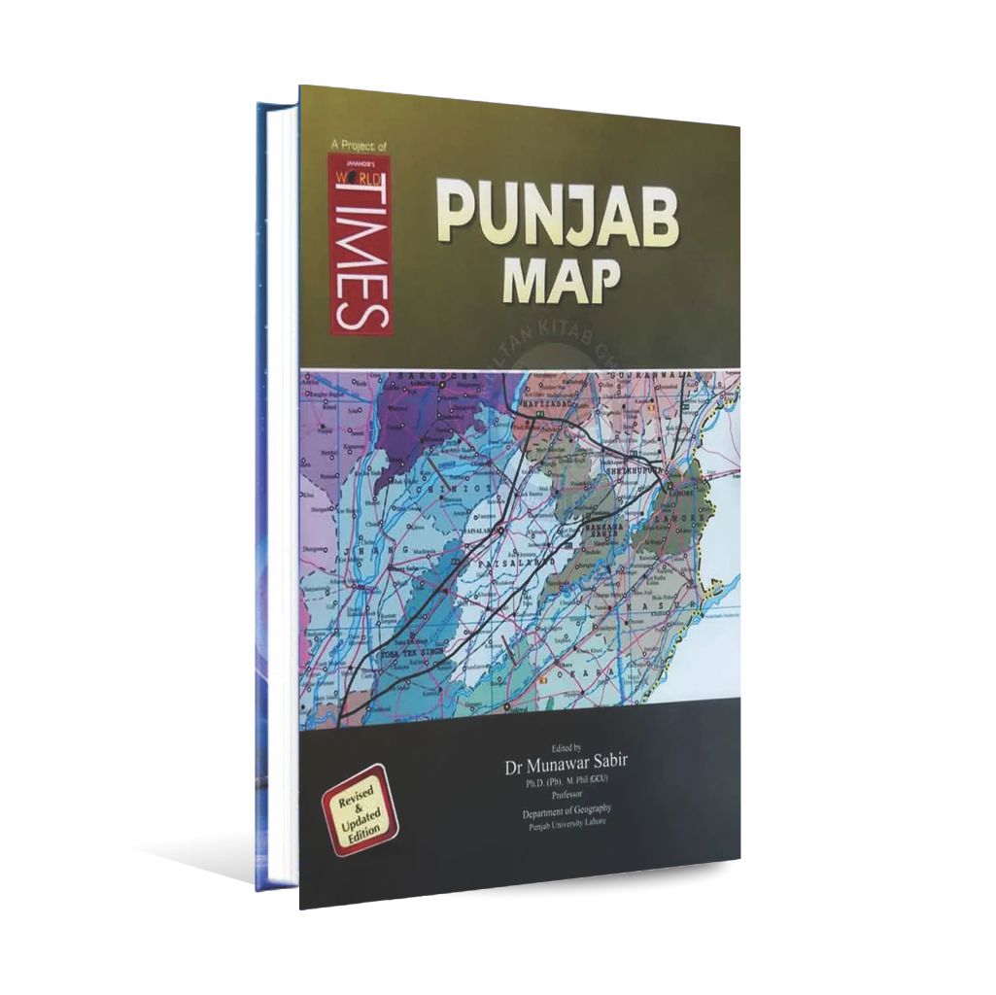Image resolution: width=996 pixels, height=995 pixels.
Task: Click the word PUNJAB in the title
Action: coord(556,218)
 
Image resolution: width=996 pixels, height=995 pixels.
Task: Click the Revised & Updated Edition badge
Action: coord(361,808)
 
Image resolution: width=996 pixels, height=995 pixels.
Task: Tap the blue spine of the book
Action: coord(263,486)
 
